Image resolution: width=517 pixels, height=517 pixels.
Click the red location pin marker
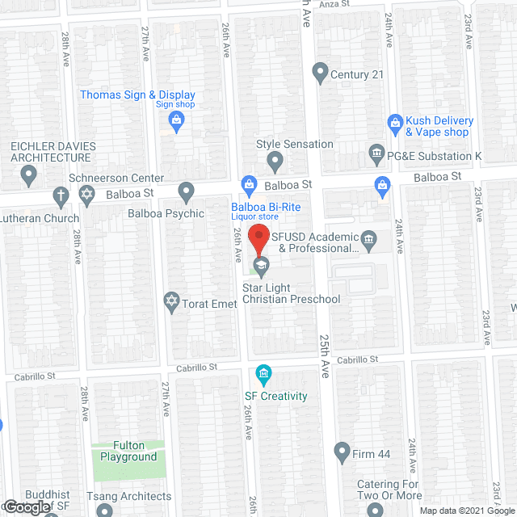coord(258,240)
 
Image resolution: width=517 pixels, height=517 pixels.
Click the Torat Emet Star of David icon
coord(170,303)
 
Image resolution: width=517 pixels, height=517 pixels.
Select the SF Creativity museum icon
coord(263,374)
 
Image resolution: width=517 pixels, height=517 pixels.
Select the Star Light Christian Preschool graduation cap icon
coord(261,266)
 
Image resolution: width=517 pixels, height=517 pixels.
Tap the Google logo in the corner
coord(26,506)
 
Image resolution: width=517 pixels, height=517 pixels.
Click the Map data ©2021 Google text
coord(466,511)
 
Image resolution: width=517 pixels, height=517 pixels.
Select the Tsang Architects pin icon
coord(105,510)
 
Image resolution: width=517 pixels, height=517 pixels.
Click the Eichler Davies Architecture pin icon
coord(29,174)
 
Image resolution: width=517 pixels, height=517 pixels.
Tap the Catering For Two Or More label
coord(389,490)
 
